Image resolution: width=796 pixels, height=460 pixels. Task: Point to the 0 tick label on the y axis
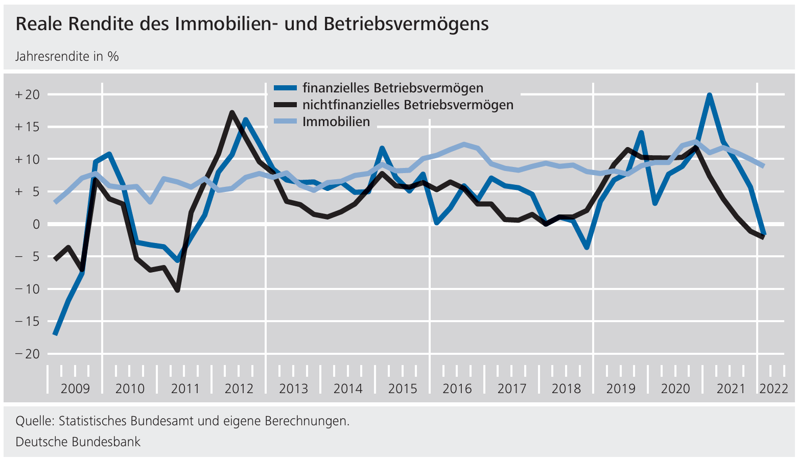pyautogui.click(x=35, y=224)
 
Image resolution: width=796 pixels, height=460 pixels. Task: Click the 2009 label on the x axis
pyautogui.click(x=75, y=389)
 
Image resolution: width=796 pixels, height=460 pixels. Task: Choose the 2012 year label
pyautogui.click(x=239, y=389)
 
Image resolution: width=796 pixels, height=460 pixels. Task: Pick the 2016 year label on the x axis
pyautogui.click(x=457, y=389)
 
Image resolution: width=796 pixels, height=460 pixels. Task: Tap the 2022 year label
pyautogui.click(x=774, y=389)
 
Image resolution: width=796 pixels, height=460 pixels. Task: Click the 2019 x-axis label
pyautogui.click(x=620, y=389)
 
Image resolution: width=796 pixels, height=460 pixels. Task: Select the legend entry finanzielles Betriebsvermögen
pyautogui.click(x=392, y=88)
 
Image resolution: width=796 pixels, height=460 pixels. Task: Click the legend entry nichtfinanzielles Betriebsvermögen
pyautogui.click(x=407, y=105)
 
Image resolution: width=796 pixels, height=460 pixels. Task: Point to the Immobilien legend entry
pyautogui.click(x=336, y=122)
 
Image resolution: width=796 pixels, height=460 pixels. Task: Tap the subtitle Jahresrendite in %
pyautogui.click(x=67, y=56)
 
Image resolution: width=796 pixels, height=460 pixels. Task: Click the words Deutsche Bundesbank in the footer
pyautogui.click(x=78, y=442)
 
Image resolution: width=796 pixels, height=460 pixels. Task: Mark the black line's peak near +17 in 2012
pyautogui.click(x=232, y=112)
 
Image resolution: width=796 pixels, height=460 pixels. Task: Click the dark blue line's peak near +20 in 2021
pyautogui.click(x=709, y=95)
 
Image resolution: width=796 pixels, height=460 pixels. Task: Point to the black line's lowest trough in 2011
pyautogui.click(x=177, y=290)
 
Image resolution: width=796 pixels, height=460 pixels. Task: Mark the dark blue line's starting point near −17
pyautogui.click(x=55, y=334)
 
